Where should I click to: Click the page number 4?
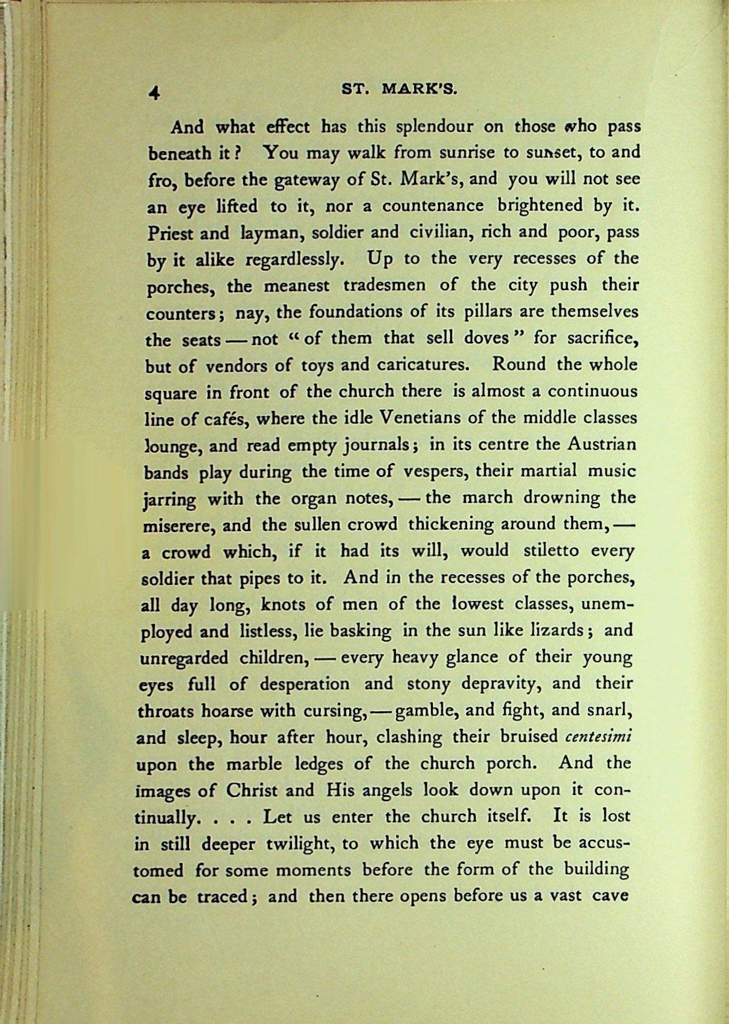(x=155, y=92)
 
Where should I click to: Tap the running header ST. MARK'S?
(x=400, y=90)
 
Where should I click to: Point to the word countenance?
(x=433, y=206)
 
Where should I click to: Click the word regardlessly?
(x=294, y=260)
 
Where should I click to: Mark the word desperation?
(x=305, y=684)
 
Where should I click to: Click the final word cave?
(x=610, y=896)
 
